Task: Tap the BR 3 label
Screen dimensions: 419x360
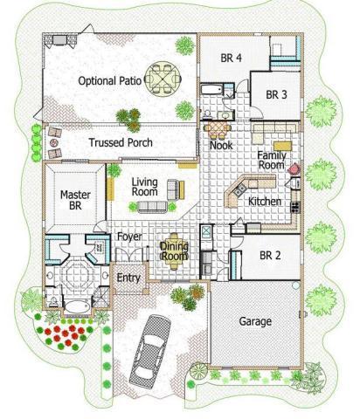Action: point(277,94)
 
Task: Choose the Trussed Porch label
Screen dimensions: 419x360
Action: point(121,142)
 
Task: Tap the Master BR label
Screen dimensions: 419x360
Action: point(75,202)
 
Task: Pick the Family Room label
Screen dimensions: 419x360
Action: point(271,160)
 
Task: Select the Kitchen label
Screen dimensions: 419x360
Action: point(264,201)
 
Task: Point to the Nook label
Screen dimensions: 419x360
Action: point(221,146)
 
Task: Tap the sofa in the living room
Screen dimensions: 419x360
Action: point(150,207)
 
